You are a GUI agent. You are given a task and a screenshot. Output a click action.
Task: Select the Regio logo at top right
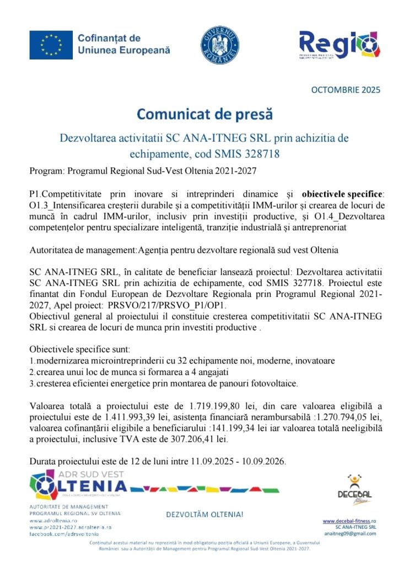tap(338, 45)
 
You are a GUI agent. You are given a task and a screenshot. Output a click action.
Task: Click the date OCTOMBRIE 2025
tap(346, 90)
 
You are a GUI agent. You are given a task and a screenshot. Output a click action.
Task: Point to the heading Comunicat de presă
tap(204, 115)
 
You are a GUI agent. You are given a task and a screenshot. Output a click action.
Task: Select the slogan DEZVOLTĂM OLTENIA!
tap(204, 515)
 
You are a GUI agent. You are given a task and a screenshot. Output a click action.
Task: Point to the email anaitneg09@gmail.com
tap(349, 534)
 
